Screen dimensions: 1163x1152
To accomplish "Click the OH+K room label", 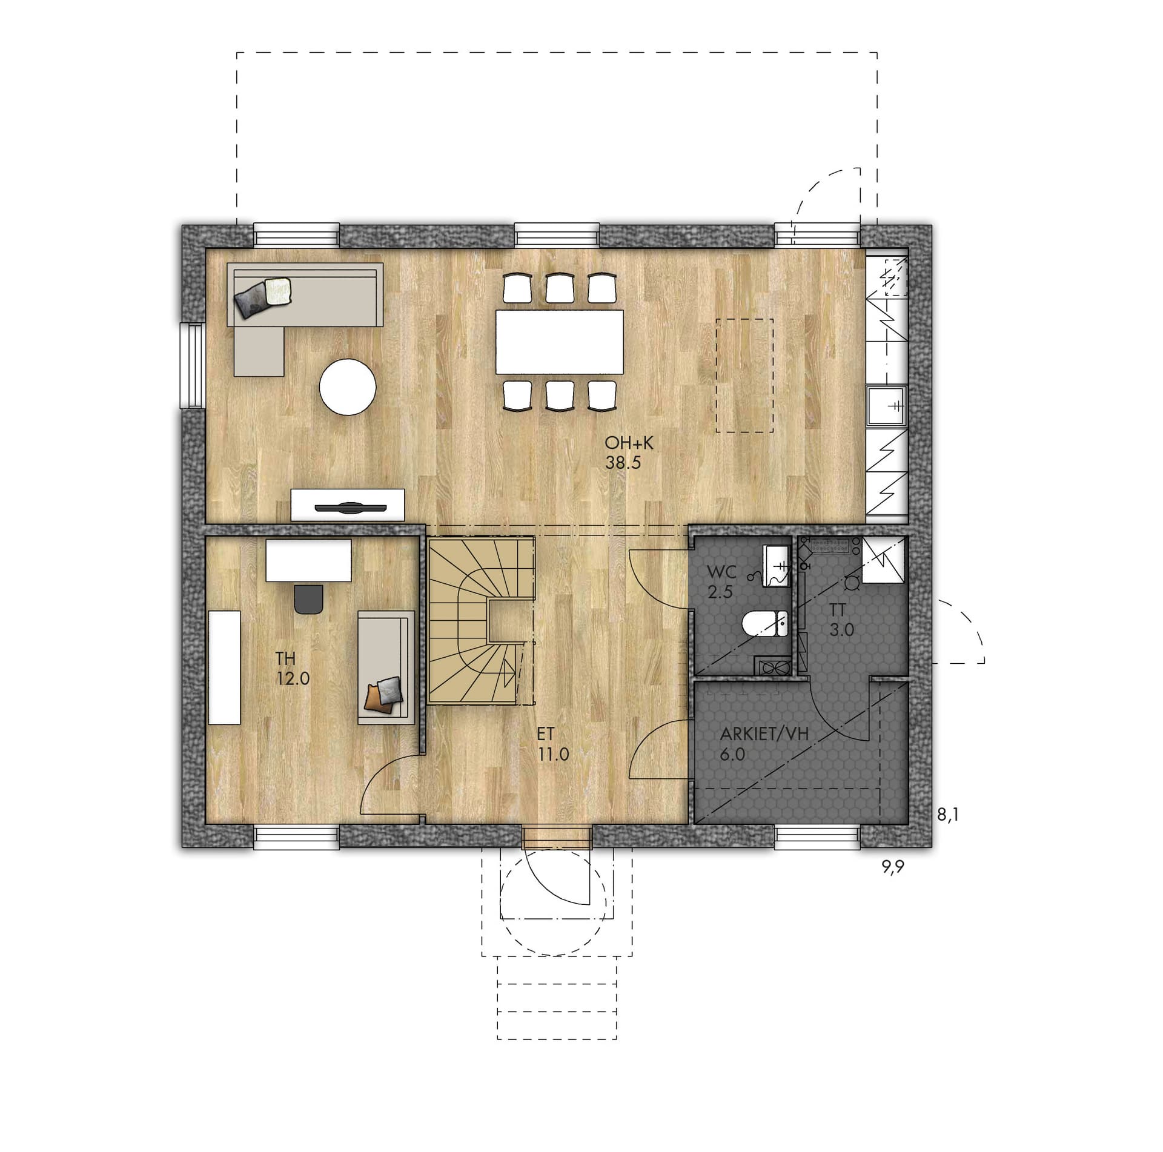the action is [629, 443].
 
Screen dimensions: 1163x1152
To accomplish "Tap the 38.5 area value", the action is [623, 463].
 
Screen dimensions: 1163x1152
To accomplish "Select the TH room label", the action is [286, 658].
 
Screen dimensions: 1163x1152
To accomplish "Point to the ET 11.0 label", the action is [552, 744].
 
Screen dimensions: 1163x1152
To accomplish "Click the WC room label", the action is [721, 572].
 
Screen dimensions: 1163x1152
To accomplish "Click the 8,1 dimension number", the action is [948, 815].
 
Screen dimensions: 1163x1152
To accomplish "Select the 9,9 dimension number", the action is [893, 867].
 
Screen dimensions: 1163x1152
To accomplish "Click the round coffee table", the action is [348, 387].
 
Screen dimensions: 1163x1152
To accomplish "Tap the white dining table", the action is [560, 342].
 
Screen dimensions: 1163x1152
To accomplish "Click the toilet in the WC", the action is [764, 624].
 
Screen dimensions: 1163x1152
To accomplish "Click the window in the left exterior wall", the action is [194, 365].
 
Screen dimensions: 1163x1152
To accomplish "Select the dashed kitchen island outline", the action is [744, 376].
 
